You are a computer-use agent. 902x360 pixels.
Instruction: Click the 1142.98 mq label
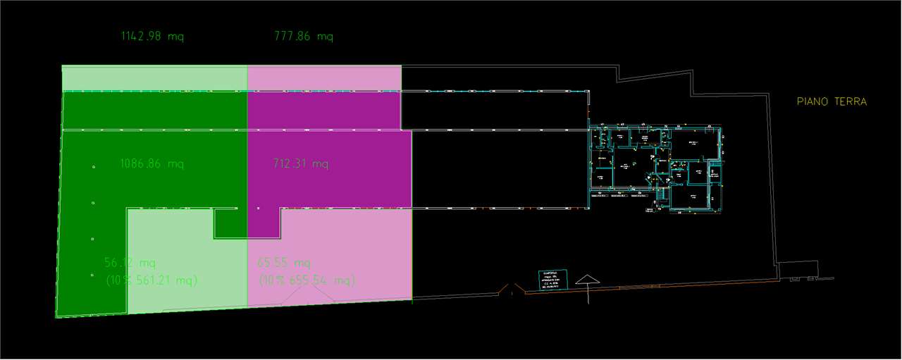[x=152, y=37]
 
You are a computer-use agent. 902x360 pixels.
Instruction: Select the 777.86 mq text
[x=303, y=37]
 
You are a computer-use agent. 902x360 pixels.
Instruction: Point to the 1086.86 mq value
[x=152, y=164]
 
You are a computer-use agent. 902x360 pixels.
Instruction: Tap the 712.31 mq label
[x=300, y=164]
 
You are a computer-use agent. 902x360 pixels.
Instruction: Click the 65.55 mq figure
[x=284, y=263]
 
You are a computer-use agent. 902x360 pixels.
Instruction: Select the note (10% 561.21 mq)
[x=152, y=280]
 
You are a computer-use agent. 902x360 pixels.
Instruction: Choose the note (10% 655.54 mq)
[x=307, y=280]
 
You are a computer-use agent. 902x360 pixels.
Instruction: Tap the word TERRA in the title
[x=851, y=101]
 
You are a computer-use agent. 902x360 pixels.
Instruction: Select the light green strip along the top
[x=154, y=78]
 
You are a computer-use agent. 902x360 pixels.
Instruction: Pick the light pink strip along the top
[x=324, y=78]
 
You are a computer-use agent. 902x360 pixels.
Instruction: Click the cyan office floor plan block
[x=655, y=167]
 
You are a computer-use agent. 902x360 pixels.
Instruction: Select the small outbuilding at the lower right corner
[x=798, y=270]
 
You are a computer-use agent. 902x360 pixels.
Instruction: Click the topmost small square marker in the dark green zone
[x=93, y=167]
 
